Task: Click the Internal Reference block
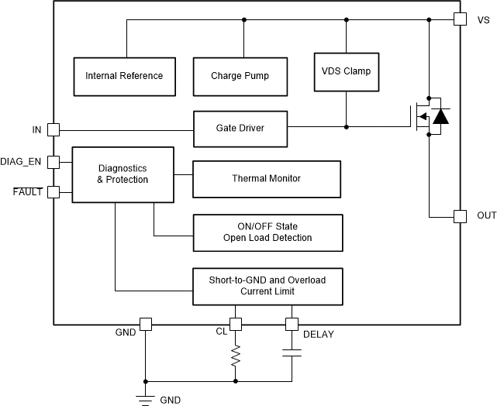pos(124,75)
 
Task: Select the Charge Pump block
pos(240,75)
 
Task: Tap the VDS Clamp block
pos(346,71)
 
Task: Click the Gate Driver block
pos(240,128)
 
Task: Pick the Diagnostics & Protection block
pos(123,174)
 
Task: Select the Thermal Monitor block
pos(266,178)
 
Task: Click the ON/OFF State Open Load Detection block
pos(266,232)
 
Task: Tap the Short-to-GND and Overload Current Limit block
pos(266,285)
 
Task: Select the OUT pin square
pos(459,216)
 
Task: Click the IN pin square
pos(53,129)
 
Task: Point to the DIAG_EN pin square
pos(53,161)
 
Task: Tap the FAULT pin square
pos(53,191)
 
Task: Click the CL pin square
pos(236,324)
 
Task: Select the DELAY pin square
pos(292,324)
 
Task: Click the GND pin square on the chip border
pos(144,324)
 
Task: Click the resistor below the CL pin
pos(236,356)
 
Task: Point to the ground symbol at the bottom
pos(144,397)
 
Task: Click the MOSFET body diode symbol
pos(440,117)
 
